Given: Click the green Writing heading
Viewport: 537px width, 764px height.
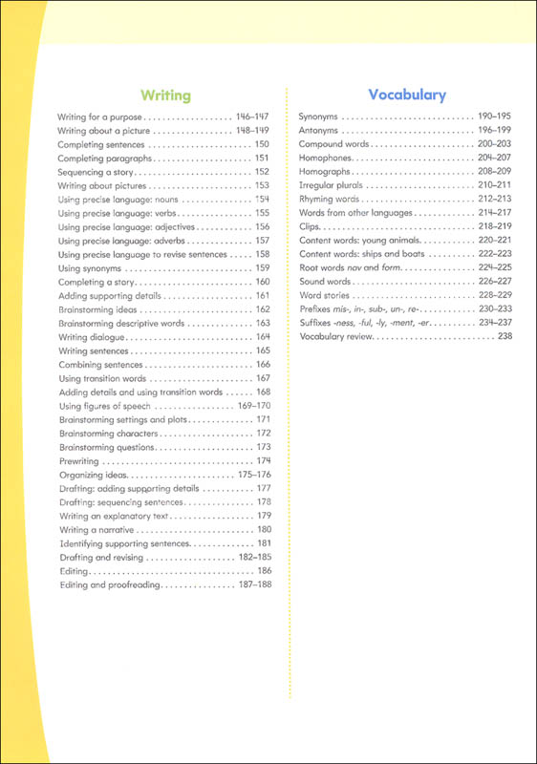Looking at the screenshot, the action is pyautogui.click(x=165, y=95).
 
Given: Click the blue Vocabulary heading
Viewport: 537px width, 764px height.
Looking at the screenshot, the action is pyautogui.click(x=407, y=95).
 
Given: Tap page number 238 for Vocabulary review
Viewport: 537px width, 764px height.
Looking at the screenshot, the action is pyautogui.click(x=505, y=337).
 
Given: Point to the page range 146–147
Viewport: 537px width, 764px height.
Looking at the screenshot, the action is pyautogui.click(x=253, y=115).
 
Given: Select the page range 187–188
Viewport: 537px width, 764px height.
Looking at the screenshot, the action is pyautogui.click(x=253, y=584).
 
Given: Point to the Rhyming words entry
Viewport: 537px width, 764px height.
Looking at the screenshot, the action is pyautogui.click(x=329, y=199).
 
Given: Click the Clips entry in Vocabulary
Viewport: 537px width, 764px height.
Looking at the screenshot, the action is pyautogui.click(x=310, y=226).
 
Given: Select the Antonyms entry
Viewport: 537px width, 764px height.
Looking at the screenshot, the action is pyautogui.click(x=320, y=129).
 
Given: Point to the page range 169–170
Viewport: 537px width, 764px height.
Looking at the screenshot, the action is pyautogui.click(x=253, y=406).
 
